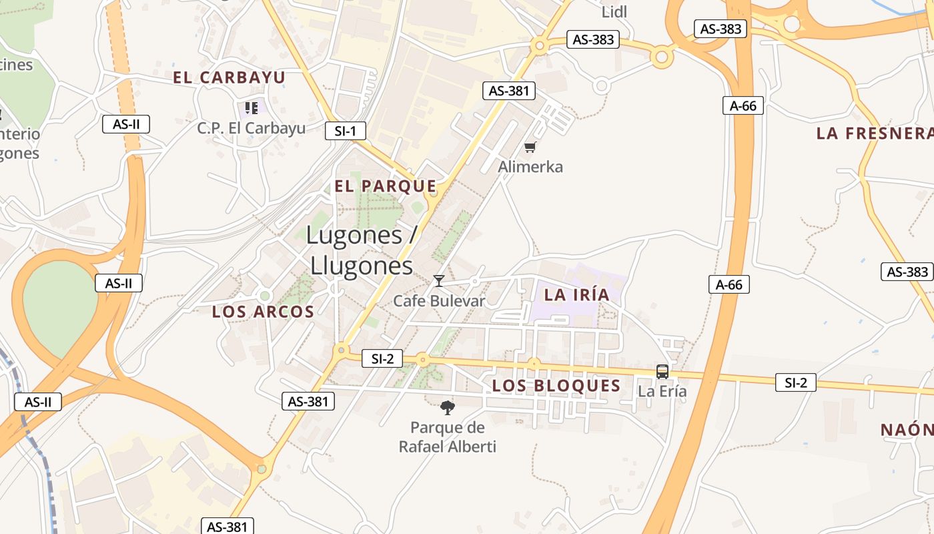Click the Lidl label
[614, 12]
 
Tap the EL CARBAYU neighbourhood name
[229, 77]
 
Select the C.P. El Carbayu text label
[251, 128]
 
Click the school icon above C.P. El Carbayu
[252, 107]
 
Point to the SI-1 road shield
[346, 131]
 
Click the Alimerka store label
[530, 167]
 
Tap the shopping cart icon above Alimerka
[530, 148]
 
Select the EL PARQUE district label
[386, 186]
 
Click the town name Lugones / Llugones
[362, 250]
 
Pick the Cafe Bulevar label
[439, 300]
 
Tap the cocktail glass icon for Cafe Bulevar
[439, 281]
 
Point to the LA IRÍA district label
[577, 295]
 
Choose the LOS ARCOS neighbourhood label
[263, 312]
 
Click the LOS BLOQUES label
[556, 386]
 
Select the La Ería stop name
[662, 391]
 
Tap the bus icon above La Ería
[662, 372]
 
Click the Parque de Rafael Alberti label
[448, 437]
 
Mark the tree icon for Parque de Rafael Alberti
[448, 407]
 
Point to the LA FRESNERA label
[875, 133]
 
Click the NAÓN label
[907, 430]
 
